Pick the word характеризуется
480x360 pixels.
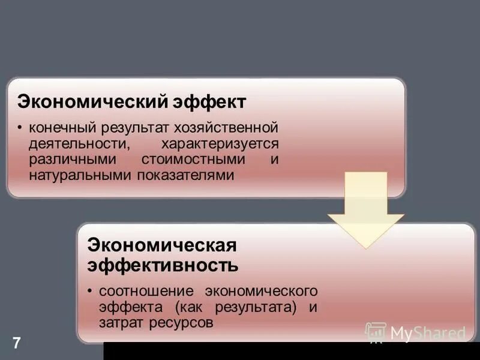[x=220, y=144]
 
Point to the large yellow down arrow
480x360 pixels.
[x=365, y=210]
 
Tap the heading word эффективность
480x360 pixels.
[x=163, y=264]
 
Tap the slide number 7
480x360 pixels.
[x=16, y=343]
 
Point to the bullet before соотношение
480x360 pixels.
[x=89, y=292]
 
